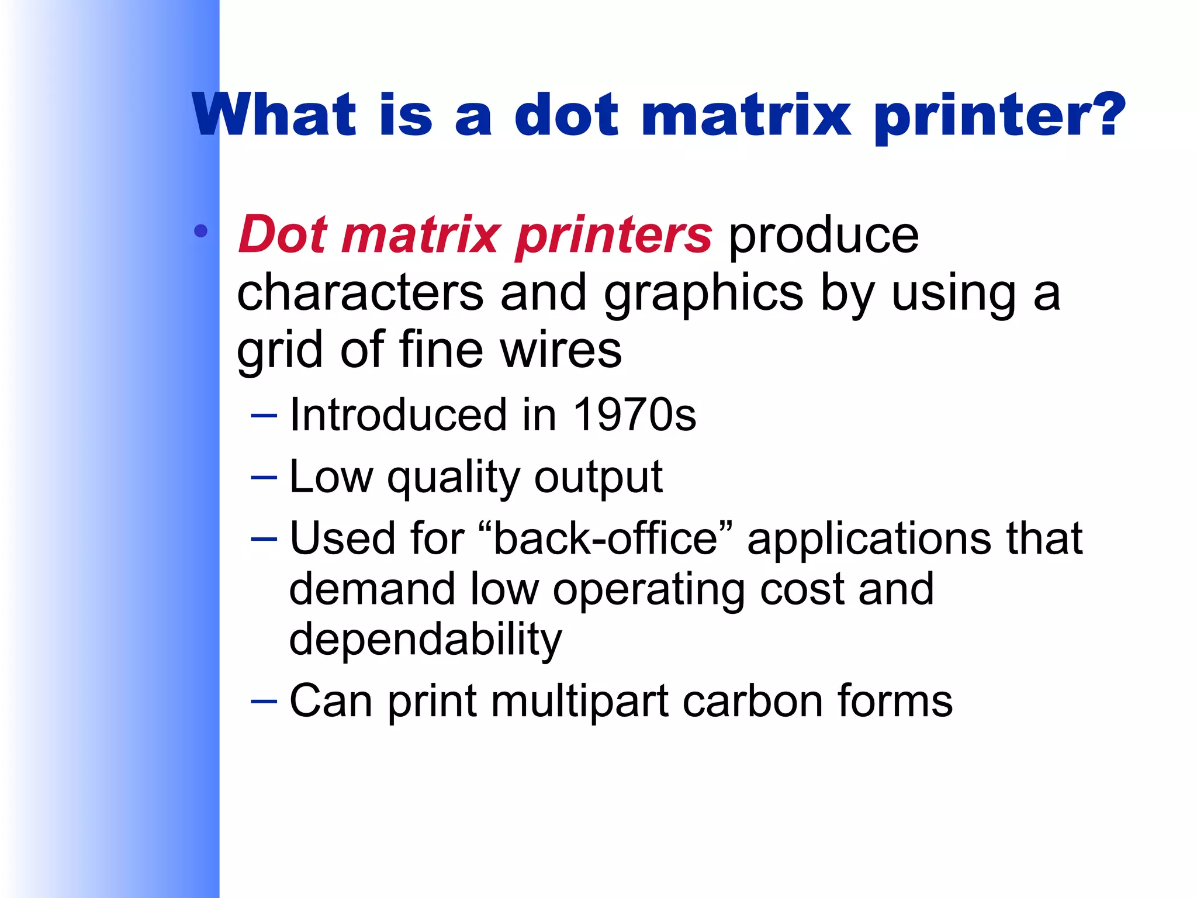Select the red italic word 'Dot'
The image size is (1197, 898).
click(283, 235)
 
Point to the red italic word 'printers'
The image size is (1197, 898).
click(614, 236)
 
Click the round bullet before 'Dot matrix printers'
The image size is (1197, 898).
click(200, 231)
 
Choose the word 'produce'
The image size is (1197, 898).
click(824, 236)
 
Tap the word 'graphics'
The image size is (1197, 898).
click(704, 294)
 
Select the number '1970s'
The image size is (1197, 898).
click(635, 415)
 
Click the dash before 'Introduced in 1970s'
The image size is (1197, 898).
click(264, 416)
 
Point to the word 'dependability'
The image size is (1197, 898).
click(425, 640)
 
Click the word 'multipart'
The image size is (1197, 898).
click(579, 701)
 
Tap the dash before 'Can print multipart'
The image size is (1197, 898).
click(264, 700)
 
